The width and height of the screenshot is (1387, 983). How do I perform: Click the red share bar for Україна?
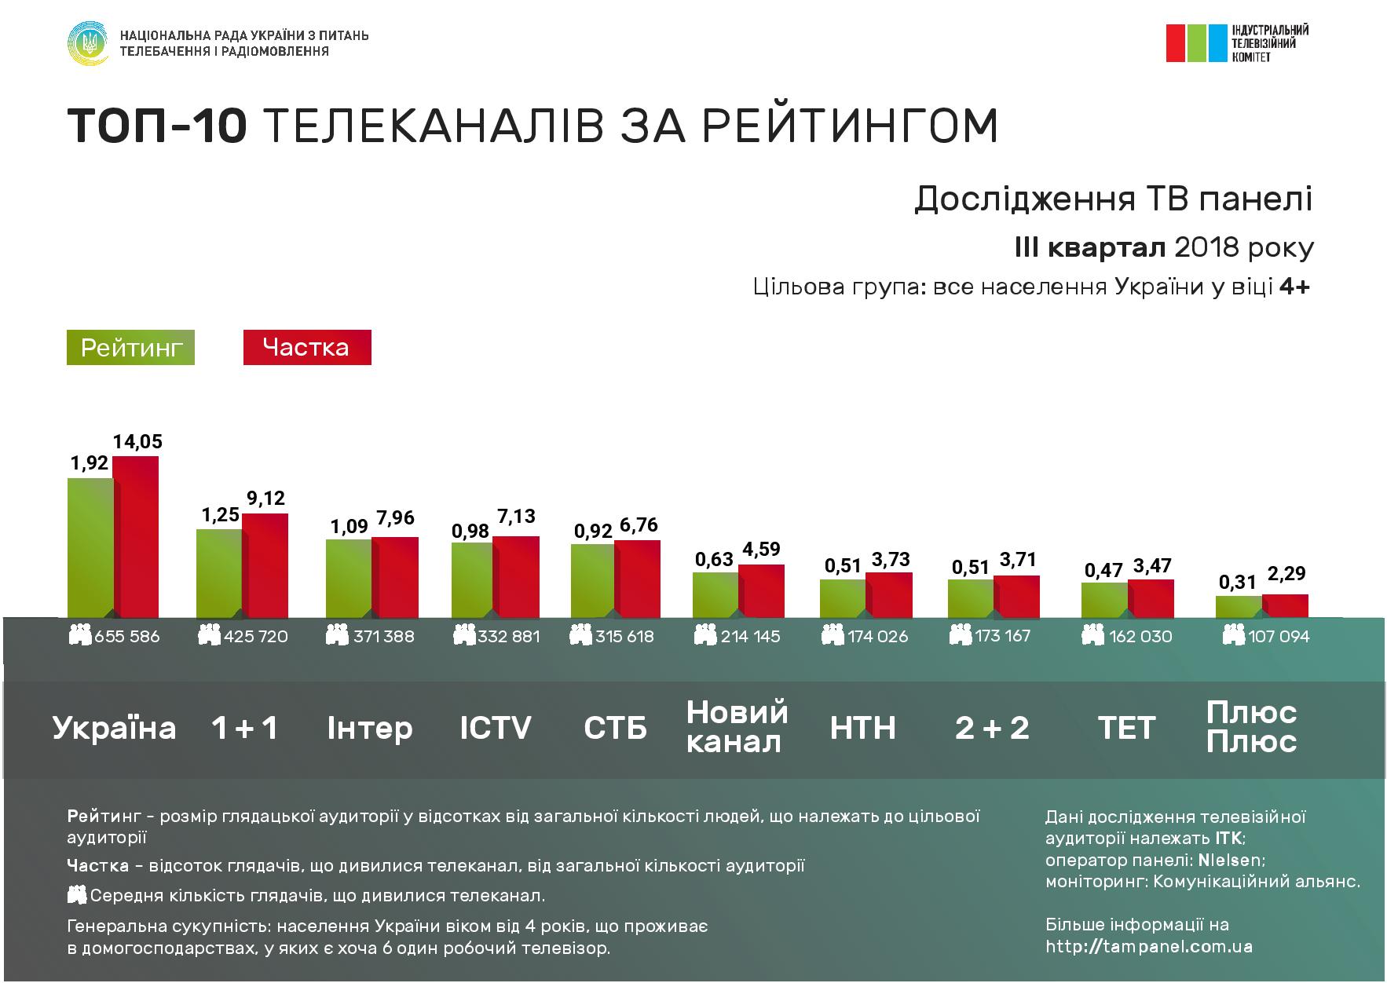point(136,536)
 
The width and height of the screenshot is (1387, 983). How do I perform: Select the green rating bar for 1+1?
point(218,573)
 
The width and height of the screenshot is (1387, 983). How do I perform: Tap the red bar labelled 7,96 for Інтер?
point(394,577)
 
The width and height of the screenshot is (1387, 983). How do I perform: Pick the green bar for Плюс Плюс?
point(1239,607)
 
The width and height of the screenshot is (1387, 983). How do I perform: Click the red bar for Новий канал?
point(761,590)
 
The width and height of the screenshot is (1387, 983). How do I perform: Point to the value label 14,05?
point(137,442)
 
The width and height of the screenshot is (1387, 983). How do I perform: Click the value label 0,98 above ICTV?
point(470,532)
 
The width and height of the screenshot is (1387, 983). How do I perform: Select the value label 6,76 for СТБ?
point(638,525)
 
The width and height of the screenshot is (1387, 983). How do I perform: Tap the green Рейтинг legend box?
point(130,348)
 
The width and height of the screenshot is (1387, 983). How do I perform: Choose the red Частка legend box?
point(306,348)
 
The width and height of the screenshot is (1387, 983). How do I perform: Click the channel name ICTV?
point(496,728)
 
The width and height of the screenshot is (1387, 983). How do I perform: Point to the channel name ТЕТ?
point(1127,728)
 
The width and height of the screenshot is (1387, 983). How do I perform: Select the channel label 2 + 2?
point(992,728)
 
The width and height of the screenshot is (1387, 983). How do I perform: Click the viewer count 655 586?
point(126,636)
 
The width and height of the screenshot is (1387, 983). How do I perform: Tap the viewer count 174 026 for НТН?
point(877,636)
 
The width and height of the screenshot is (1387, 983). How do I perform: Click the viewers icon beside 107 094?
point(1234,635)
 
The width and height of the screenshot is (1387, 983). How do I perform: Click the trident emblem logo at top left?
point(88,43)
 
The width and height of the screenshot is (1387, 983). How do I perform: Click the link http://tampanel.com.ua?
point(1149,947)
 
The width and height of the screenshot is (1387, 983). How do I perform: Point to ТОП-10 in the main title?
point(157,126)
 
